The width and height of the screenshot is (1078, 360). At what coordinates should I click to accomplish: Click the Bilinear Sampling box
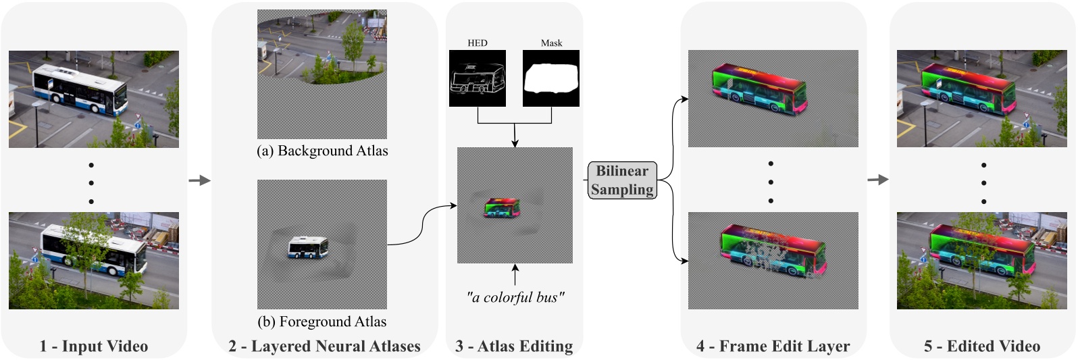point(622,180)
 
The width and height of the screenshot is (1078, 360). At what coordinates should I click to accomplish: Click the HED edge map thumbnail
point(478,78)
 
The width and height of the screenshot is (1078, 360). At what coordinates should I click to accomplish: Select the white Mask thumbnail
point(551,78)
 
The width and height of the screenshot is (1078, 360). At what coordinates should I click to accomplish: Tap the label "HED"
point(478,43)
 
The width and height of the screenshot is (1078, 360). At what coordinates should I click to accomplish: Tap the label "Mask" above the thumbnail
point(551,43)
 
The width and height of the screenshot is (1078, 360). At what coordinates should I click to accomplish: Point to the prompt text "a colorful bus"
point(515,297)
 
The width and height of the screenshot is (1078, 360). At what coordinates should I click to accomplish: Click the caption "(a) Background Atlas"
point(322,151)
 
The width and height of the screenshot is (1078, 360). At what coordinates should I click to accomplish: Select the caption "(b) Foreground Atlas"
point(322,322)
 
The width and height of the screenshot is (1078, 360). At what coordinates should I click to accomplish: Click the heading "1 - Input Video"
point(94,346)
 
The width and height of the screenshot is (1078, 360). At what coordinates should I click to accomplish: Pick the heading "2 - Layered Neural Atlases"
point(324,346)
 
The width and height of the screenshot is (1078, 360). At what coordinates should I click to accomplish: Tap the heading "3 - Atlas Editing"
point(514,346)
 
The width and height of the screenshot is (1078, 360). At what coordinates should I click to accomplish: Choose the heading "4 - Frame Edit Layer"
point(773,346)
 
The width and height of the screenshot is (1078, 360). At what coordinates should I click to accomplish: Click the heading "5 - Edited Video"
point(982,346)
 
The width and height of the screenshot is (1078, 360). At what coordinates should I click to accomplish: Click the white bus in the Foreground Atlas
point(308,247)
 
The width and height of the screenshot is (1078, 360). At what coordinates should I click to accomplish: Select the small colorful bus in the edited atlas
point(502,208)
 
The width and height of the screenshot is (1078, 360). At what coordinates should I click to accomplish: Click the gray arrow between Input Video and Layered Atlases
point(200,180)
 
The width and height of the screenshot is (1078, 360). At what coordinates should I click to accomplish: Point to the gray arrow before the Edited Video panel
point(877,180)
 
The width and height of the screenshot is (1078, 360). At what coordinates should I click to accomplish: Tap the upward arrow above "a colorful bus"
point(515,275)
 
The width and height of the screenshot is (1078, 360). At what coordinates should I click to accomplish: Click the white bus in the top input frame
point(80,89)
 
